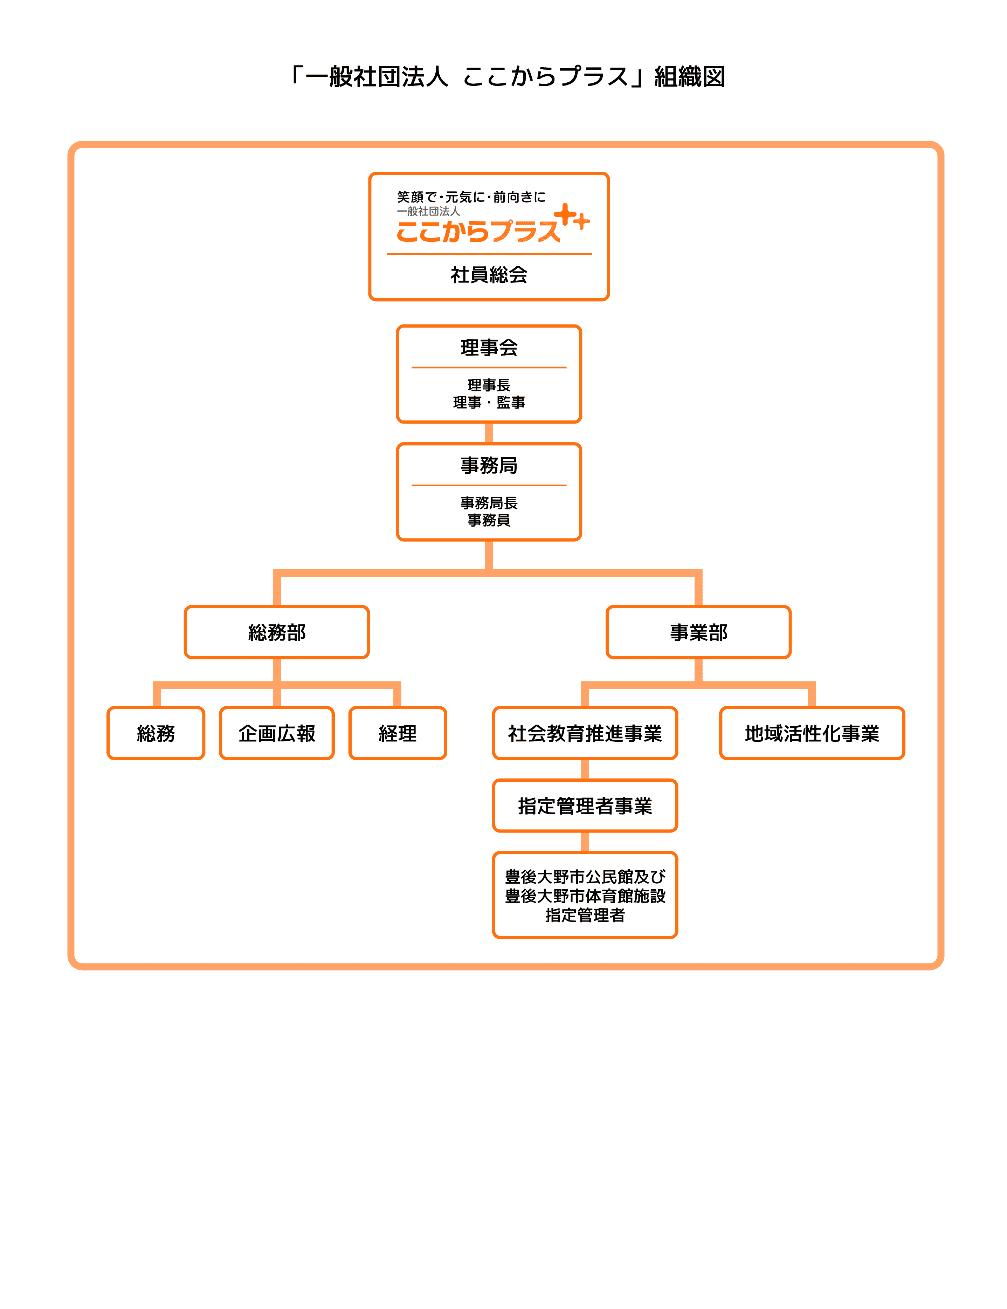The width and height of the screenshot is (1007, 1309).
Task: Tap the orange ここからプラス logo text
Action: pos(478,231)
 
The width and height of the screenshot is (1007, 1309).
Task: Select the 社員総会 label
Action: pos(489,275)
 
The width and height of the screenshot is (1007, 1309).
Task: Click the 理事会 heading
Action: pos(489,348)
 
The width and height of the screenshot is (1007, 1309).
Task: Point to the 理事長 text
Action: pos(489,385)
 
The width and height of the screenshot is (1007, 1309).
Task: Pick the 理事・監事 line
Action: pos(489,402)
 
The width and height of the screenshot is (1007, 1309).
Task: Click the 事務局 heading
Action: pos(489,465)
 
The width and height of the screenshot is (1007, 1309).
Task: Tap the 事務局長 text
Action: pos(489,503)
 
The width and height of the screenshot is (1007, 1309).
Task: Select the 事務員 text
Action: pos(489,520)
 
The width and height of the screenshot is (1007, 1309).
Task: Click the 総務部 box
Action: pos(277,632)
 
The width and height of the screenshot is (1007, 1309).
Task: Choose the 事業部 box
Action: pos(698,632)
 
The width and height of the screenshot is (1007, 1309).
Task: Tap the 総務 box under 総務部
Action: pos(156,733)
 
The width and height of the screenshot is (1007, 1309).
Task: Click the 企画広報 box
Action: pos(277,733)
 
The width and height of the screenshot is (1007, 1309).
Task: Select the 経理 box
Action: pos(398,733)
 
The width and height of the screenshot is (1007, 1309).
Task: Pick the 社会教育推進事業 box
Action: pos(585,733)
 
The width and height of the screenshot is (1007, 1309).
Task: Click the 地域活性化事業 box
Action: pos(812,733)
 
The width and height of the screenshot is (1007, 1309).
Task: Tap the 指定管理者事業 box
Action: pos(585,806)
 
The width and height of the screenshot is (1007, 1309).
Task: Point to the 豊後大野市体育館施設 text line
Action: pos(585,896)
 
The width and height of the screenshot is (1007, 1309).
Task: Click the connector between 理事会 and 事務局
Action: pos(489,433)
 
